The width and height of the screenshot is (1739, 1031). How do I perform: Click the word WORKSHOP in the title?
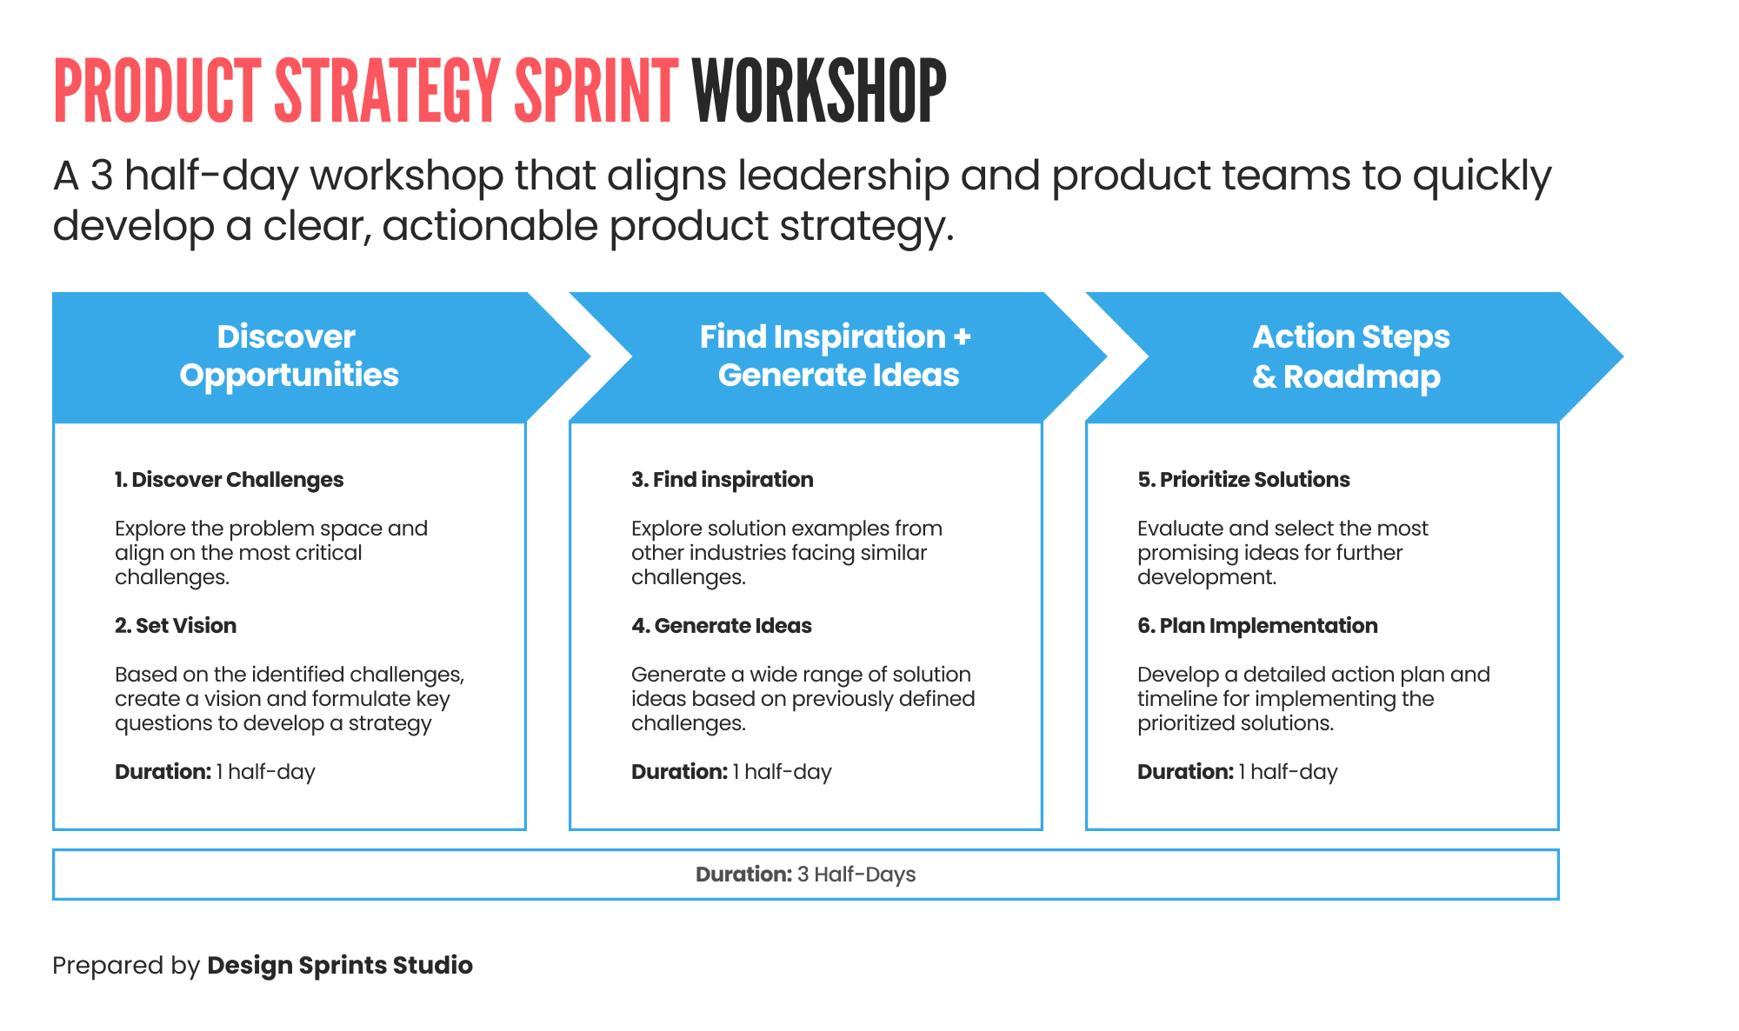pos(818,91)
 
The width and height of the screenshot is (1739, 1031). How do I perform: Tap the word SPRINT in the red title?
pos(596,91)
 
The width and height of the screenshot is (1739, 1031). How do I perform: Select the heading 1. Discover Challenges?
pos(229,480)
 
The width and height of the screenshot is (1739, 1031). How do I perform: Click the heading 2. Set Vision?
pos(176,626)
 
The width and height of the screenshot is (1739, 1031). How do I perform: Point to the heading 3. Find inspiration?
pos(722,480)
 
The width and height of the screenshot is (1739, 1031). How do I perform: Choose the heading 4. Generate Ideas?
pos(721,626)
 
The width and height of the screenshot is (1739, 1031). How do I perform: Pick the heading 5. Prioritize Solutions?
pos(1243,480)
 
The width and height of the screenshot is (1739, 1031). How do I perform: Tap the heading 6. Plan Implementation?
pos(1257,626)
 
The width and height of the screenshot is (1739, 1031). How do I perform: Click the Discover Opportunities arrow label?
pos(289,356)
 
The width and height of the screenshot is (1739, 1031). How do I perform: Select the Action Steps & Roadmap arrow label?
pos(1349,356)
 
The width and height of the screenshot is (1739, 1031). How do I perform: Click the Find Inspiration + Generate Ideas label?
pos(836,356)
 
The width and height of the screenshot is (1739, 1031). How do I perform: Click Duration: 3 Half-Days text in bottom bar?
pos(805,875)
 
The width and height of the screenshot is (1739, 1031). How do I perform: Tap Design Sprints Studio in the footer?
pos(340,966)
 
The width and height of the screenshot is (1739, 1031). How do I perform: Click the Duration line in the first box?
pos(215,772)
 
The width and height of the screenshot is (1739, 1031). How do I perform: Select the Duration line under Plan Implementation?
pos(1236,772)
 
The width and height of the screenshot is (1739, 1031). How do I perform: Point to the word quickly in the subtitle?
pos(1481,177)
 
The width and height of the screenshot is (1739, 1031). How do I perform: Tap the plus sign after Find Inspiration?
pos(962,337)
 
